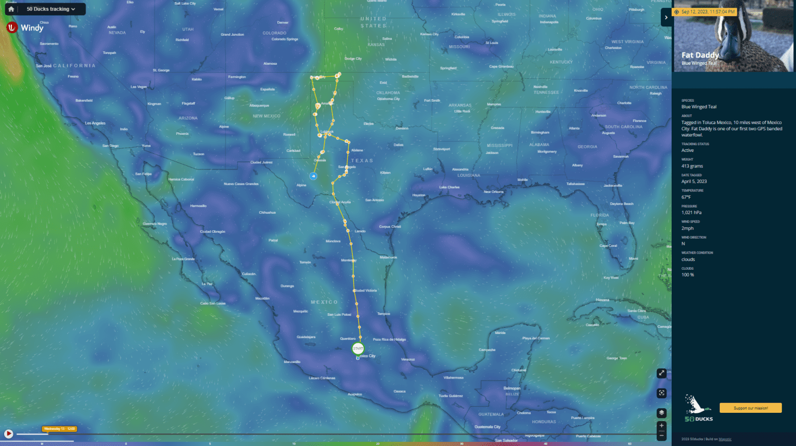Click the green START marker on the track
[x=358, y=349]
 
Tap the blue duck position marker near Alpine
[x=313, y=176]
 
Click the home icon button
[x=11, y=9]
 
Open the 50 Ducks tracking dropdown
[x=51, y=9]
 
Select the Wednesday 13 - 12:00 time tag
[x=60, y=429]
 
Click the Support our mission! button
[x=750, y=408]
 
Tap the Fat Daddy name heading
[x=700, y=55]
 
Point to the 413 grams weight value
[x=692, y=166]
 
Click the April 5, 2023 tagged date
[x=694, y=182]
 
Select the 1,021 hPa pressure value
[x=691, y=213]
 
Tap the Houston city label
[x=419, y=195]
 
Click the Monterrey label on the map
[x=348, y=260]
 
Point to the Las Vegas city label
[x=138, y=87]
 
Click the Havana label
[x=602, y=300]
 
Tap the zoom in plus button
[x=661, y=425]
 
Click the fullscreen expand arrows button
[x=661, y=373]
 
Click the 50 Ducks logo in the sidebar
[x=698, y=409]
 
